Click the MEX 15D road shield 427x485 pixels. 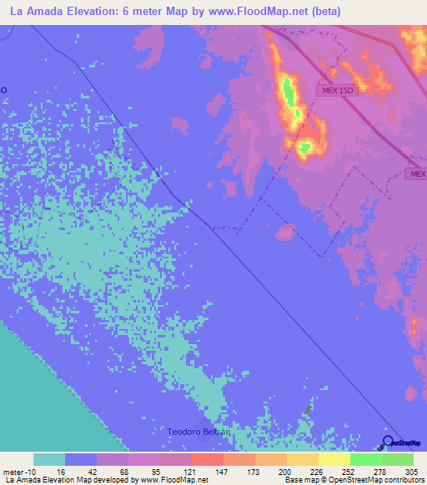pos(337,90)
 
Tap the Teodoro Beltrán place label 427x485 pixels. pos(198,432)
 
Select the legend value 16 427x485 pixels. pos(66,471)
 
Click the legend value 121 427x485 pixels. pos(193,471)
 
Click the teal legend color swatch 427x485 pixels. pos(49,459)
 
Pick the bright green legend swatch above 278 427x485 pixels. pos(366,459)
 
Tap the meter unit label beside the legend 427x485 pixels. pos(14,471)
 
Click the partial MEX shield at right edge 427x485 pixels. pos(417,174)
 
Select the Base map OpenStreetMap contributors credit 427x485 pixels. pos(353,480)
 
